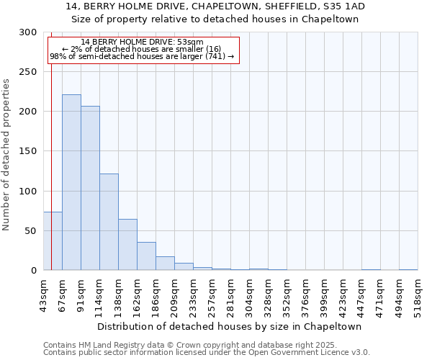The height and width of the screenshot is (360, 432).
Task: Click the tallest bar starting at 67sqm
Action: (x=71, y=182)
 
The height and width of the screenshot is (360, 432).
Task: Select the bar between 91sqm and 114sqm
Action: (x=90, y=188)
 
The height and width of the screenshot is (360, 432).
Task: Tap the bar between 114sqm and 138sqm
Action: (x=109, y=222)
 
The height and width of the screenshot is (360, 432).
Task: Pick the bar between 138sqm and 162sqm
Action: (x=127, y=245)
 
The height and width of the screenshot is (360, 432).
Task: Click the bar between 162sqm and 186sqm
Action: (x=146, y=256)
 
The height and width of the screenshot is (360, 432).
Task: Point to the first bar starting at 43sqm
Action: (x=53, y=241)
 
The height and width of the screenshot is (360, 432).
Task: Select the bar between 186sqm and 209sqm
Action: (x=165, y=264)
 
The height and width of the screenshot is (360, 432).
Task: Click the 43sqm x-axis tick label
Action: (x=43, y=294)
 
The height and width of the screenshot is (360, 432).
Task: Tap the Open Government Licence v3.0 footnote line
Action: (x=207, y=353)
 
